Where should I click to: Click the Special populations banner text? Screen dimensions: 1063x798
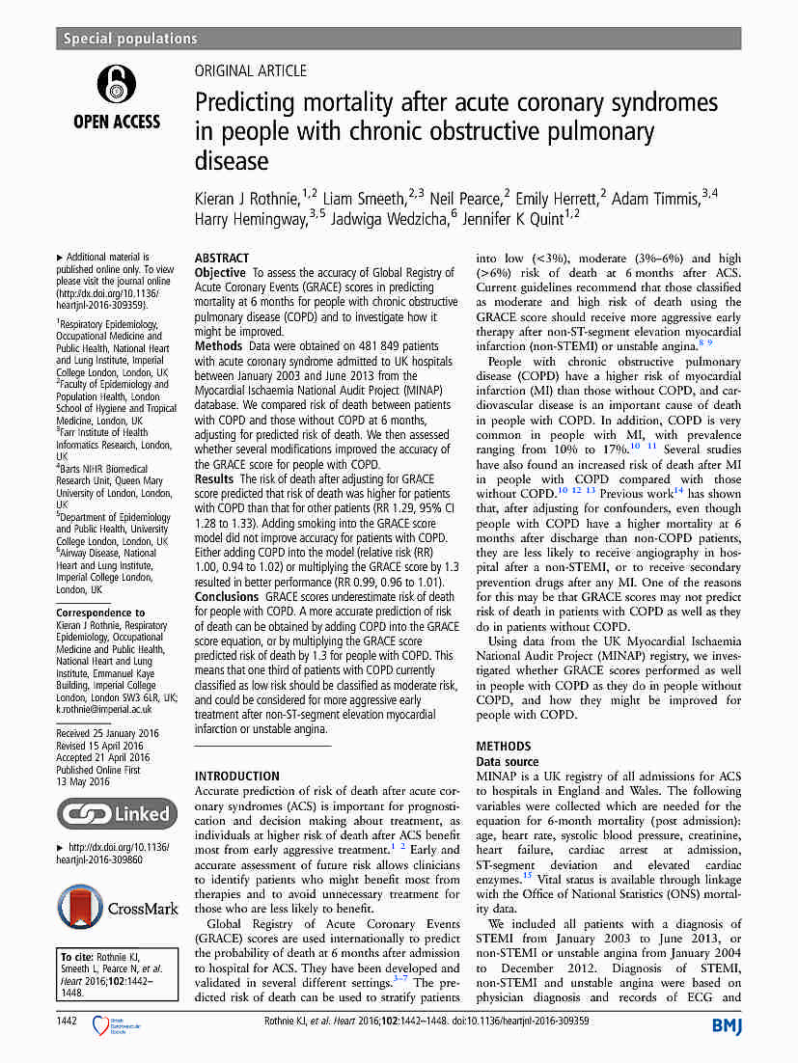coord(130,39)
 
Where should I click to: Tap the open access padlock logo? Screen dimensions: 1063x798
coord(116,85)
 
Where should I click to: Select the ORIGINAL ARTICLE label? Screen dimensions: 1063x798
coord(251,71)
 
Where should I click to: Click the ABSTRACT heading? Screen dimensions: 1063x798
coord(222,259)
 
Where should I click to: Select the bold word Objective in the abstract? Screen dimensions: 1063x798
coord(220,273)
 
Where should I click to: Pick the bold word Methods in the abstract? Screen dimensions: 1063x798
coord(218,345)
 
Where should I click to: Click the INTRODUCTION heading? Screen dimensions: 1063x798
coord(237,776)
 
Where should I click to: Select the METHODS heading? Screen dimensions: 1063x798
coord(504,746)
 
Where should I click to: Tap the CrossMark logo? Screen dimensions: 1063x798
coord(117,909)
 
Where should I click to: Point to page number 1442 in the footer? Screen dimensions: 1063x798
coord(68,1021)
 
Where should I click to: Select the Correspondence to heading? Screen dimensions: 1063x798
coord(100,613)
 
